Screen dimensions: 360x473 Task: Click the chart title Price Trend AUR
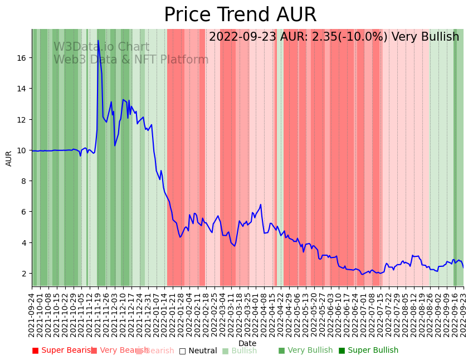tap(240, 15)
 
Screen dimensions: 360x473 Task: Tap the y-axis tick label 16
tap(23, 58)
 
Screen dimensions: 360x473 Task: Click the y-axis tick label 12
tap(23, 120)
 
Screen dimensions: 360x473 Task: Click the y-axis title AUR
tap(9, 158)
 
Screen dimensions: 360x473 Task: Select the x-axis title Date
tap(247, 343)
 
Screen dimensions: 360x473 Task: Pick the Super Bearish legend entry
tap(62, 351)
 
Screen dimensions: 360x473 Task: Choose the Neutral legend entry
tap(198, 351)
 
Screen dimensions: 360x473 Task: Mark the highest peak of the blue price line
tap(98, 40)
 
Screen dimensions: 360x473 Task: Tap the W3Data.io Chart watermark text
tap(101, 47)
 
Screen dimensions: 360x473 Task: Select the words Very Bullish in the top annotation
tap(425, 37)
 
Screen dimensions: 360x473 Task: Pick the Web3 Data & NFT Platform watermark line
tap(131, 60)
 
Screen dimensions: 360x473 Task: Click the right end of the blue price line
tap(463, 267)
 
